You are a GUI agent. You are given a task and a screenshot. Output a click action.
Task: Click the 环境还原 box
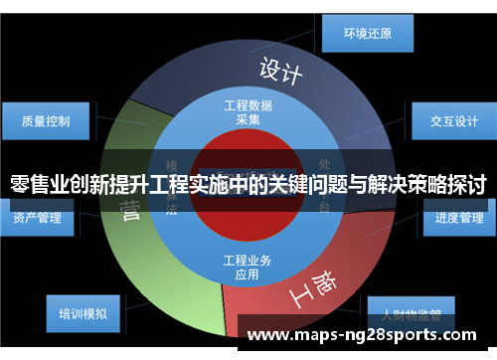pyautogui.click(x=367, y=33)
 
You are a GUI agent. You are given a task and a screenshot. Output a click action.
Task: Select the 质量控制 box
pyautogui.click(x=46, y=121)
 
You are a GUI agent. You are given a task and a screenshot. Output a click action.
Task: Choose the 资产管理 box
pyautogui.click(x=37, y=218)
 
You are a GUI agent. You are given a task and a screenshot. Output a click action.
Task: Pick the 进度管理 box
pyautogui.click(x=458, y=218)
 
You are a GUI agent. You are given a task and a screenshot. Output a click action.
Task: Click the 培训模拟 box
pyautogui.click(x=83, y=314)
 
